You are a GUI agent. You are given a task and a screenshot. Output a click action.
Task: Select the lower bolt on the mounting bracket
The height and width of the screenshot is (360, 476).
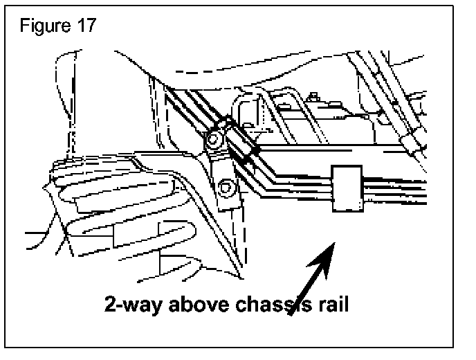[x=225, y=186]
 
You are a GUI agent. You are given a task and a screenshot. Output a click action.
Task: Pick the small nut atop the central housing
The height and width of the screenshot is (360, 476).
[x=314, y=96]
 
